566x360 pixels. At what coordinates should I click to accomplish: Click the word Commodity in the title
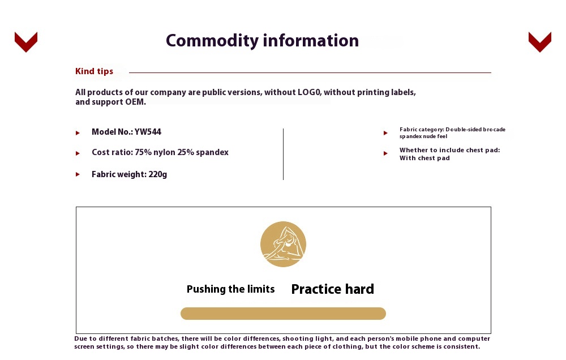(212, 40)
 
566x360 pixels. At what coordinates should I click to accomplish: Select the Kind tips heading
(94, 71)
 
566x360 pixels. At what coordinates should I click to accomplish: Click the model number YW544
(148, 132)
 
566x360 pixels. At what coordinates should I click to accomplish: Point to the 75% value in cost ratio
(143, 152)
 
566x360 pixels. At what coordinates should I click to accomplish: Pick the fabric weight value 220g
(158, 174)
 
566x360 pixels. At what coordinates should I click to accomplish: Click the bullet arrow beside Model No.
(78, 133)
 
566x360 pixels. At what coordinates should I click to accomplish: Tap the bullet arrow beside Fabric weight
(78, 174)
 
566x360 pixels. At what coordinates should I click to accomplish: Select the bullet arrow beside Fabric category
(385, 133)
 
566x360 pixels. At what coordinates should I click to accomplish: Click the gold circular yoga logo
(283, 244)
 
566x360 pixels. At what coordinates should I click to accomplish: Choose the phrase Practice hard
(332, 289)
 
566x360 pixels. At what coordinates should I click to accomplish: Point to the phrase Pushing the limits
(231, 289)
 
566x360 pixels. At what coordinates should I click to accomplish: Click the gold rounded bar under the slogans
(283, 314)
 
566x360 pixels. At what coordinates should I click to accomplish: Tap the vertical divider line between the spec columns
(284, 154)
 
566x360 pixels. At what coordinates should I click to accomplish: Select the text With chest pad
(424, 158)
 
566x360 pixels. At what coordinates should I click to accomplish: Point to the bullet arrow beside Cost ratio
(78, 153)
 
